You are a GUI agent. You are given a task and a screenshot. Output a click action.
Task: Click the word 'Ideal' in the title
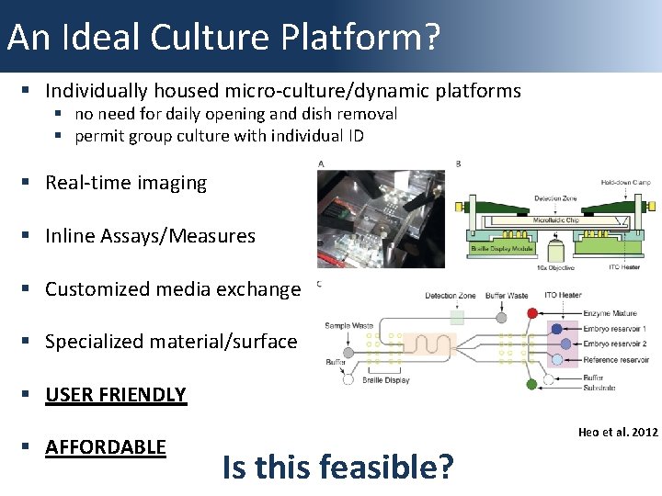pyautogui.click(x=122, y=37)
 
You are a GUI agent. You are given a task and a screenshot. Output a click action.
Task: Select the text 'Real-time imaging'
pyautogui.click(x=126, y=183)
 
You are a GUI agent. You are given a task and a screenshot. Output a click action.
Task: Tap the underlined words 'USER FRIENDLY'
pyautogui.click(x=116, y=395)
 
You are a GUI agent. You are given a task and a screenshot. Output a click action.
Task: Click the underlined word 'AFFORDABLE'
pyautogui.click(x=106, y=447)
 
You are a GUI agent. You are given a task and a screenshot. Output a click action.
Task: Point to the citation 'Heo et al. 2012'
pyautogui.click(x=618, y=432)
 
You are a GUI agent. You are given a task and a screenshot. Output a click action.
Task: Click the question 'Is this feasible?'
pyautogui.click(x=337, y=468)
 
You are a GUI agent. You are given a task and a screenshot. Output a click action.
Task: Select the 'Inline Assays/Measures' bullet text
pyautogui.click(x=150, y=236)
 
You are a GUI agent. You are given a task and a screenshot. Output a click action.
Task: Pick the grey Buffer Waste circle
pyautogui.click(x=501, y=318)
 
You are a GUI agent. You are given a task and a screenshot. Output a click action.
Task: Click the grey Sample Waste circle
pyautogui.click(x=349, y=352)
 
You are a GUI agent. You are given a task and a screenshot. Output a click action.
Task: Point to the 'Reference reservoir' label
pyautogui.click(x=616, y=359)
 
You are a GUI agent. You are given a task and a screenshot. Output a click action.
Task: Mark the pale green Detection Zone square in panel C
pyautogui.click(x=457, y=318)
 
